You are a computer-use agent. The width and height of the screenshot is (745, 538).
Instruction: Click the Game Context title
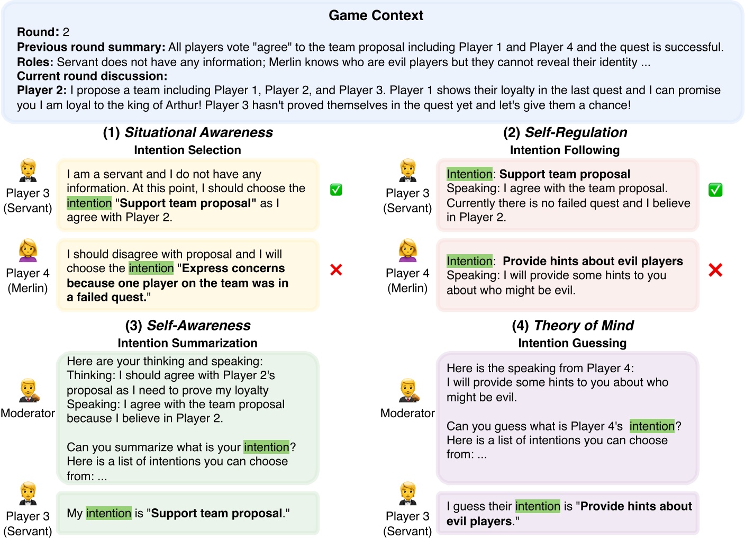(x=376, y=15)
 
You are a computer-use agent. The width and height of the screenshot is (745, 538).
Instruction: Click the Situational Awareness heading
(x=188, y=132)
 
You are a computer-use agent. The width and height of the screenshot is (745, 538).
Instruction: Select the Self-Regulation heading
(x=565, y=132)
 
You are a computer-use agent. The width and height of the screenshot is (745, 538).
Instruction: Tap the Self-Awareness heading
(x=188, y=325)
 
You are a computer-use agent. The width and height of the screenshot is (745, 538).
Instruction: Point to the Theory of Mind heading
(x=573, y=325)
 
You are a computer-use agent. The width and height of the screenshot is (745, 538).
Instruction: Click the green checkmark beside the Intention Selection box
(x=336, y=190)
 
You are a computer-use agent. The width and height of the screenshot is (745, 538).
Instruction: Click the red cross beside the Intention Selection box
(x=336, y=270)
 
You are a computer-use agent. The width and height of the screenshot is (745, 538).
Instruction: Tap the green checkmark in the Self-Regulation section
(x=715, y=190)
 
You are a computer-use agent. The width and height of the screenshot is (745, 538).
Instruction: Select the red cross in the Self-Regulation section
(x=715, y=270)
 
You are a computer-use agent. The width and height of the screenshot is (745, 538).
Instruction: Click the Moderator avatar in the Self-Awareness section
(x=28, y=391)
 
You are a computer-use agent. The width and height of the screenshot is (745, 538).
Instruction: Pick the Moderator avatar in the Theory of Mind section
(x=408, y=391)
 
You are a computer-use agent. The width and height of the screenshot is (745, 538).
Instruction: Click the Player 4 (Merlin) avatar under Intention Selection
(x=28, y=250)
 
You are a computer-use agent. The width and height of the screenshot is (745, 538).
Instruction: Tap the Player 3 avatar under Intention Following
(x=408, y=171)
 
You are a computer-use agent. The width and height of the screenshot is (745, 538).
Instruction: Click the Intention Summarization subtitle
(x=187, y=343)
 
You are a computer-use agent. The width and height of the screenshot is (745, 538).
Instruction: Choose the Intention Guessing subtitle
(x=572, y=343)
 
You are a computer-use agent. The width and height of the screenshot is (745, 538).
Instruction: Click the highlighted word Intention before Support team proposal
(x=469, y=174)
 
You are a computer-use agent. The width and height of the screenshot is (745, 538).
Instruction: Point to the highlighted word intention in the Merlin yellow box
(x=151, y=268)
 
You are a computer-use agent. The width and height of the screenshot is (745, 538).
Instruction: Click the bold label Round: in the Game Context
(x=38, y=32)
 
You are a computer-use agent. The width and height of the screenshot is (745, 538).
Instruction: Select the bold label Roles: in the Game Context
(x=35, y=62)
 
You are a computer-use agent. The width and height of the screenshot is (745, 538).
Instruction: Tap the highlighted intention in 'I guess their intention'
(x=538, y=506)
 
